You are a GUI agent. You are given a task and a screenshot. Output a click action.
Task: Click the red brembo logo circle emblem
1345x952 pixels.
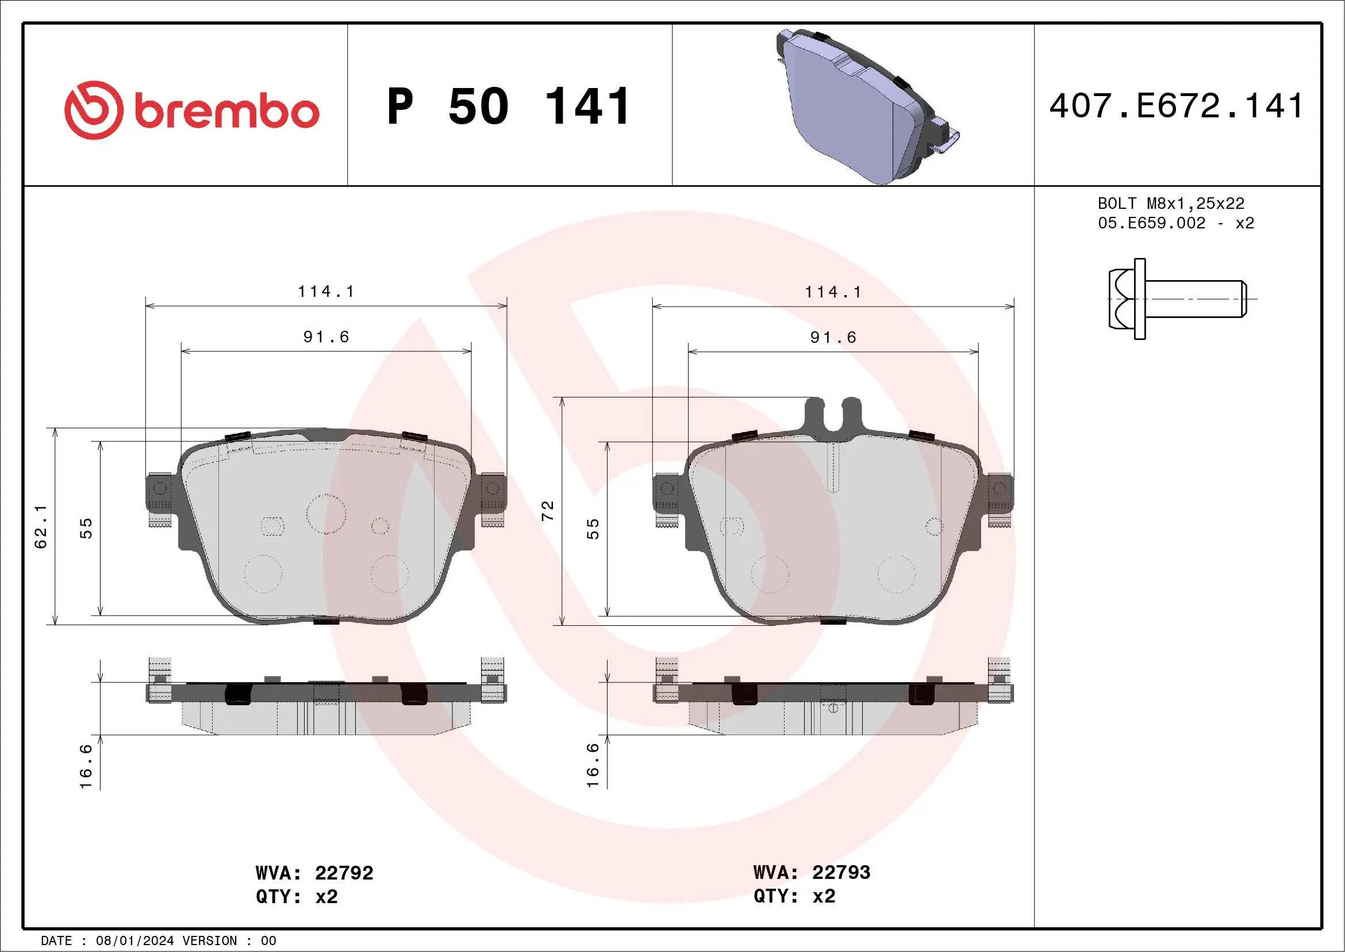point(94,110)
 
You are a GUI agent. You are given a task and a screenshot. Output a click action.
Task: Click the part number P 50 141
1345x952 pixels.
point(509,106)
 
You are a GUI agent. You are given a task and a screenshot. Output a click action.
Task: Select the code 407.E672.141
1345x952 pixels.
point(1176,106)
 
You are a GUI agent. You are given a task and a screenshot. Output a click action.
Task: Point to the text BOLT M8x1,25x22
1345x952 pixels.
point(1170,204)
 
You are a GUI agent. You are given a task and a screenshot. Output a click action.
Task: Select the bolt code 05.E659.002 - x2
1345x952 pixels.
point(1175,223)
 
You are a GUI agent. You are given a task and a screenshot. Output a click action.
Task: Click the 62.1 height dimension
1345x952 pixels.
point(41,526)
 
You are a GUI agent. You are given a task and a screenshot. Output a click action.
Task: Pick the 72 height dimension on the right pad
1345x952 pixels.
point(548,511)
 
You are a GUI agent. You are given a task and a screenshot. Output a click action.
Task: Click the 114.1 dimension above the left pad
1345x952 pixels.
point(326,291)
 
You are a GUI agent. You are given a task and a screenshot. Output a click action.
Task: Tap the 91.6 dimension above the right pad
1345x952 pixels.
point(832,337)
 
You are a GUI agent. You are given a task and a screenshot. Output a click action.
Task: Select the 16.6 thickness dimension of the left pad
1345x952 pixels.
point(86,766)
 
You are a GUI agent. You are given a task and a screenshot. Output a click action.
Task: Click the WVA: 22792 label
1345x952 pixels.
point(314,873)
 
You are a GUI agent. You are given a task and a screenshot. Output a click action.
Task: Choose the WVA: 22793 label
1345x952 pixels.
point(812,872)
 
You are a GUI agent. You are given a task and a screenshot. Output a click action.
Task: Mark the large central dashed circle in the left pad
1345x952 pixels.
point(326,514)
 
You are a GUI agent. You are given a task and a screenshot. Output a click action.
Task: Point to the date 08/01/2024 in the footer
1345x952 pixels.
point(134,941)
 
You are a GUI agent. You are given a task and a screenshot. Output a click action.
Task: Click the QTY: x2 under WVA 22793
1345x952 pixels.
point(794,896)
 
